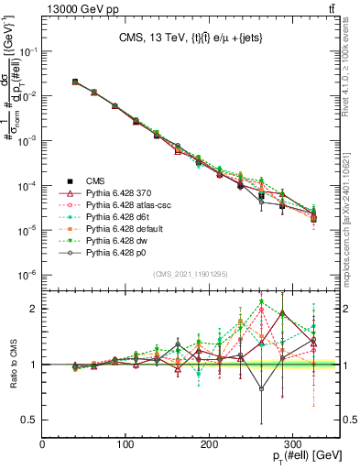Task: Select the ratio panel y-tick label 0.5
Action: tap(30, 420)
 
